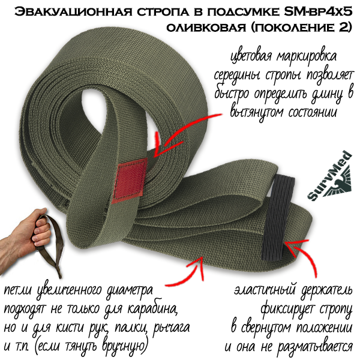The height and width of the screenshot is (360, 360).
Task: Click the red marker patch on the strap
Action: point(130,181)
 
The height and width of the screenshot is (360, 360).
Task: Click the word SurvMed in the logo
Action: point(329,175)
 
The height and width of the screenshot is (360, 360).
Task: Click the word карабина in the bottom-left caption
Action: point(152,309)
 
